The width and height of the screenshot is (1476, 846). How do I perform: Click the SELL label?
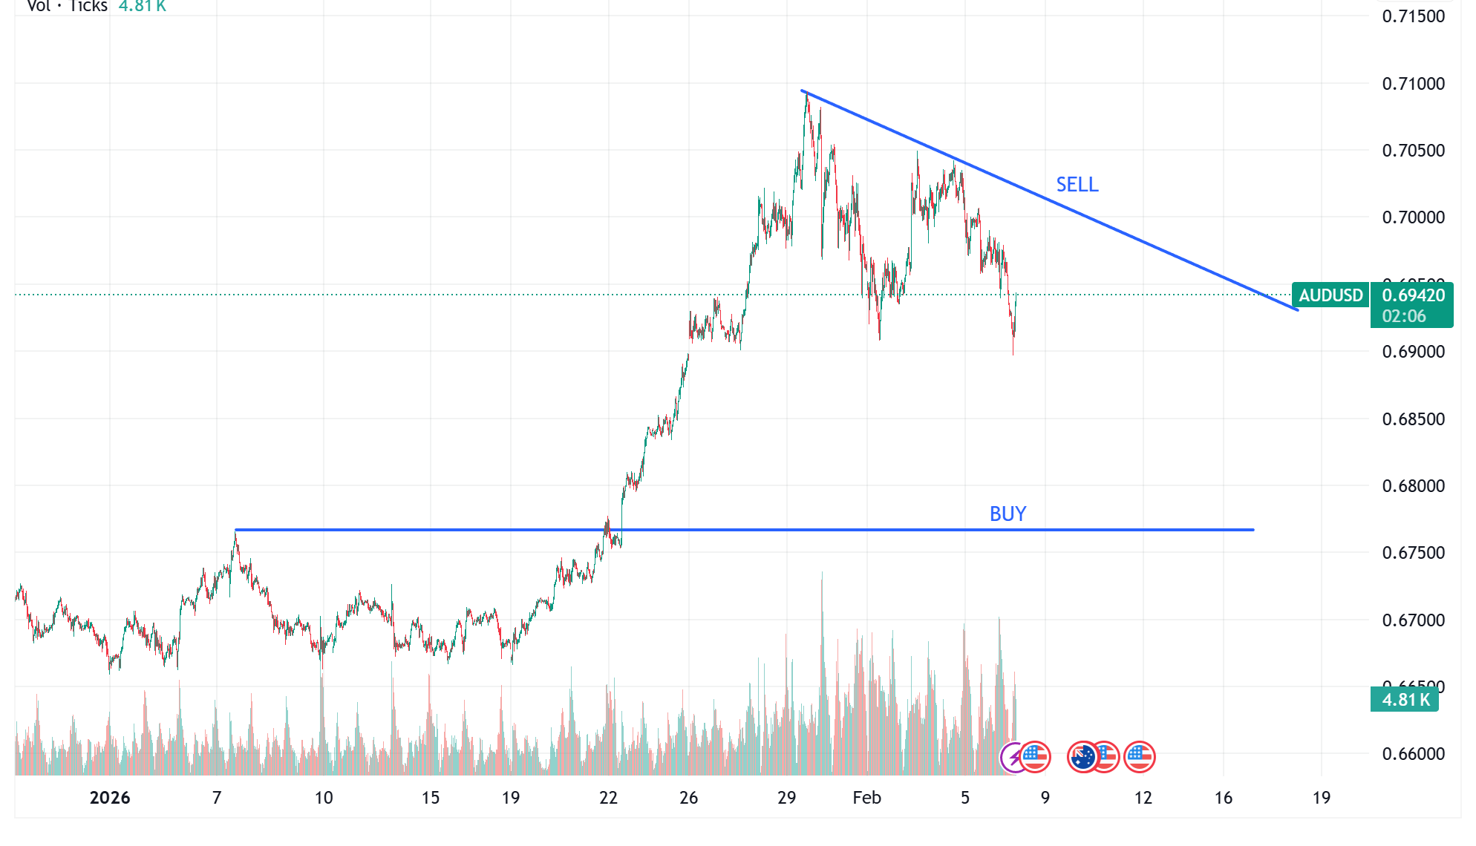1077,184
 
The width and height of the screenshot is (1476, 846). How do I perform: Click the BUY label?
1008,514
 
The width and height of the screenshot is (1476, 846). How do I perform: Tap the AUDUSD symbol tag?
1330,295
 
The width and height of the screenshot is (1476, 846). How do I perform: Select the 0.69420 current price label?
1413,295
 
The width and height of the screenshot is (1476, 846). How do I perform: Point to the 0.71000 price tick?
1413,84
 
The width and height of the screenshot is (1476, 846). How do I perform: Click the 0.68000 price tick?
1413,486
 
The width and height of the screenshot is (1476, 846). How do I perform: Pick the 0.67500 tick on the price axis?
1413,553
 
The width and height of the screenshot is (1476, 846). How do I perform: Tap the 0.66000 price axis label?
1413,754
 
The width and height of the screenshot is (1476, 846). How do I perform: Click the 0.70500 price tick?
1413,151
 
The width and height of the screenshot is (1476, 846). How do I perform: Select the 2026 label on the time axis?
110,798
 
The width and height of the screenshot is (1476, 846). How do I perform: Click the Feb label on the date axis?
866,798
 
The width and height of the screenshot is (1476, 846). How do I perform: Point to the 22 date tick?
608,798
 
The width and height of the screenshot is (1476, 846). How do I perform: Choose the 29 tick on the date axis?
786,798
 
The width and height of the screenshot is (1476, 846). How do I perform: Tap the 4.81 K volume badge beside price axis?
1405,699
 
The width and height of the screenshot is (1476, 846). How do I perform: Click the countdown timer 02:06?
1403,316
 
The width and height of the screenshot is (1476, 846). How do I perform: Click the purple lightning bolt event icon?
1012,758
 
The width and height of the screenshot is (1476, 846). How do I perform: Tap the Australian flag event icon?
1082,758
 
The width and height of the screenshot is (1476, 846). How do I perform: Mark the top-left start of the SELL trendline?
803,91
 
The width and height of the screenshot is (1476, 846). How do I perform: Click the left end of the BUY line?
236,530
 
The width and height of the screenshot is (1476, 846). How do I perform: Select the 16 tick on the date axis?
1223,798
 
